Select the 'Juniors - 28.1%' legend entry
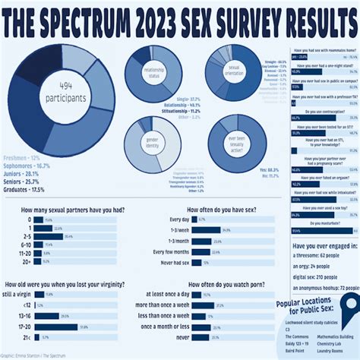click(x=27, y=172)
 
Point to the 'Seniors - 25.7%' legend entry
click(x=27, y=181)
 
